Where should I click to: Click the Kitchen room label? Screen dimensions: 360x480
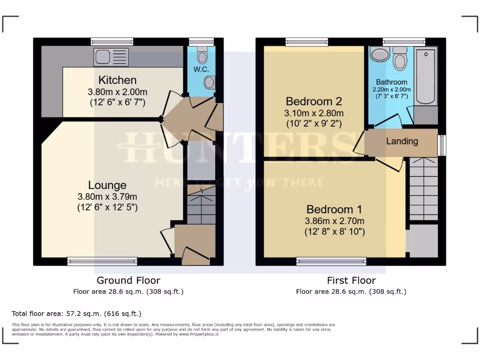117,80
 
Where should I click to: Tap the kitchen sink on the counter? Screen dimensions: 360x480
111,57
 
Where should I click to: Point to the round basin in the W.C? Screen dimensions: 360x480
210,82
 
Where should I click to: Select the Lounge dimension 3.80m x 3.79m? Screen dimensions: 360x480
107,197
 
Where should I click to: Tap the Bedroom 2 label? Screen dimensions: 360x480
314,101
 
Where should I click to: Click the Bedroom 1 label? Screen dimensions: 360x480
334,209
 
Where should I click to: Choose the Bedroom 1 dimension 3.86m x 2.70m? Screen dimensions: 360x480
334,221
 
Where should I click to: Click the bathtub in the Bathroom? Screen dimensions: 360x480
426,75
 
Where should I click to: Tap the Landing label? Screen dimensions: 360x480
402,141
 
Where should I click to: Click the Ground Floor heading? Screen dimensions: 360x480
128,280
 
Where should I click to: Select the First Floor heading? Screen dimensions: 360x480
351,280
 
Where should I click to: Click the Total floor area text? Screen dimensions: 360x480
76,314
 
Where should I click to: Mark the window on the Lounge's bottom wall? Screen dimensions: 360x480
102,261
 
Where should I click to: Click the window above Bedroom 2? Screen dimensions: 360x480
307,42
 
